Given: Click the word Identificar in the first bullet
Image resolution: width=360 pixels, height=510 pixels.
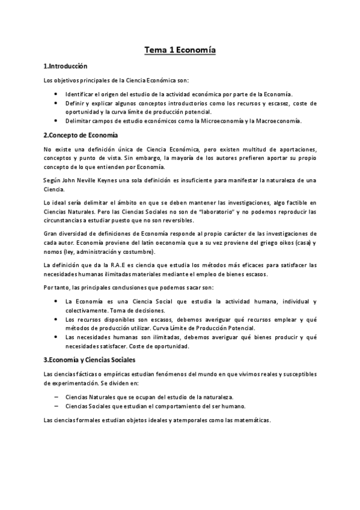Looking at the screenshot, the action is [83, 94].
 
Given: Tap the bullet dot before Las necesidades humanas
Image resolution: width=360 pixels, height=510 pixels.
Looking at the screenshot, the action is [55, 337].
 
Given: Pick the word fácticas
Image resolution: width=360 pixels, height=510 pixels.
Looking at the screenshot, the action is [90, 375].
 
